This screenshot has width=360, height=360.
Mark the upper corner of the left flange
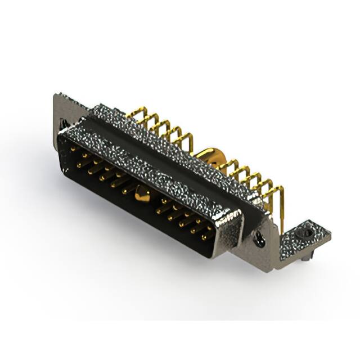pyautogui.click(x=56, y=96)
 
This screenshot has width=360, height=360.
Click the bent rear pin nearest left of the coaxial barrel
pyautogui.click(x=188, y=141)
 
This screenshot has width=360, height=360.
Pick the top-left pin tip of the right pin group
pyautogui.click(x=163, y=200)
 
